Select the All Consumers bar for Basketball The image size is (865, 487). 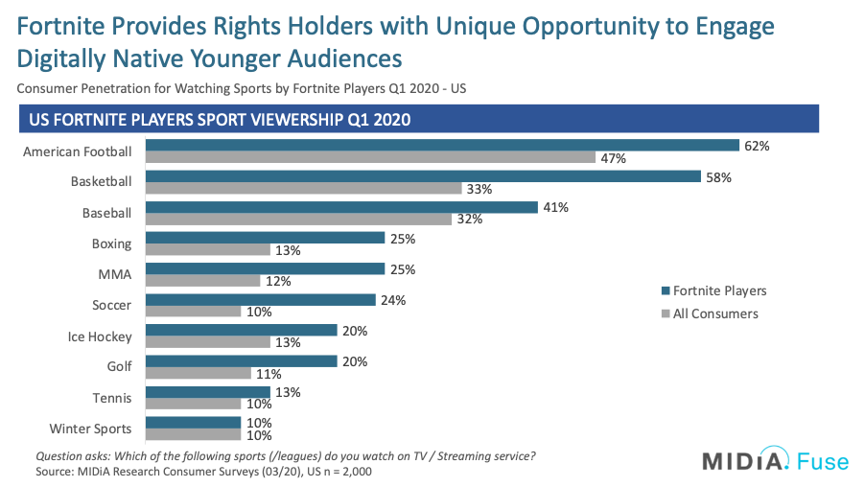click(x=304, y=190)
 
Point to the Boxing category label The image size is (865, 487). click(x=112, y=243)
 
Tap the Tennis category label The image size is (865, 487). click(x=113, y=398)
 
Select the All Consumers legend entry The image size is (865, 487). click(x=711, y=313)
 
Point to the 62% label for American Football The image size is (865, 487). click(x=755, y=146)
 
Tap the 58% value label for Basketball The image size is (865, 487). click(x=715, y=177)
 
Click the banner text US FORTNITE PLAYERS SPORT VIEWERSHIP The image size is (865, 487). click(x=217, y=120)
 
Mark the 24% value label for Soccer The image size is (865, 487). click(x=391, y=300)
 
